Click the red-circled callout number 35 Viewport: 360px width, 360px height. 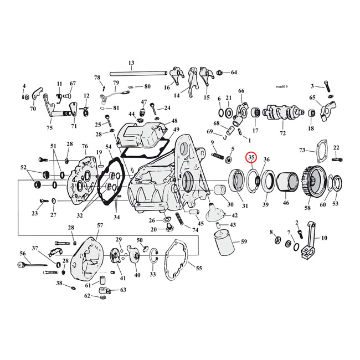(x=252, y=158)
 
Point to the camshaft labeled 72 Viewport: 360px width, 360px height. (x=283, y=113)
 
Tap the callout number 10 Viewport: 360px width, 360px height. (x=325, y=238)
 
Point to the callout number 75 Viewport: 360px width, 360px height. (x=50, y=128)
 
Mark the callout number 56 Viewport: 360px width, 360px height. (x=23, y=253)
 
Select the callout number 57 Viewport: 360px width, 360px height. (x=100, y=226)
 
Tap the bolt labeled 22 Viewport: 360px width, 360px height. (x=336, y=160)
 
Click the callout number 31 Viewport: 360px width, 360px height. (x=245, y=207)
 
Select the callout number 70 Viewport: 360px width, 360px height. (x=33, y=109)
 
